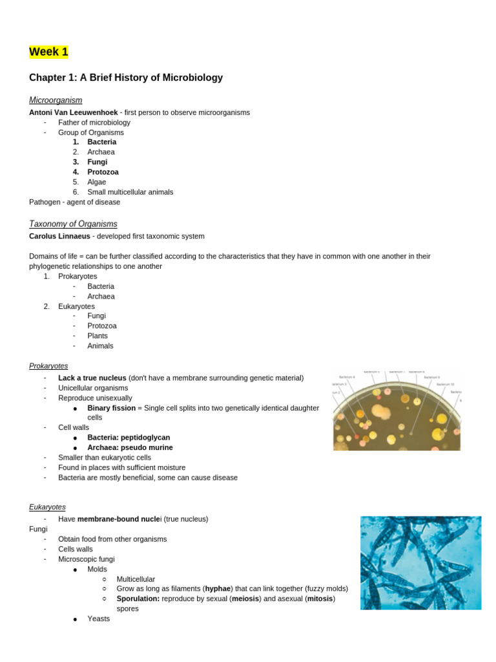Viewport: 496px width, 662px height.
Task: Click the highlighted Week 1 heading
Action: click(48, 52)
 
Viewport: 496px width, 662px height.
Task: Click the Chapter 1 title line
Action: click(126, 78)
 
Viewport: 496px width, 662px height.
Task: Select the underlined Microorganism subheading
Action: click(56, 100)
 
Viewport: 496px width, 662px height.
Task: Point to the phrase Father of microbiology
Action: click(94, 122)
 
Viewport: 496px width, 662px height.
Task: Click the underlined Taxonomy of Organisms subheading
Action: click(73, 224)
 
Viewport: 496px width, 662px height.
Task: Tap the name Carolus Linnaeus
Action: click(59, 236)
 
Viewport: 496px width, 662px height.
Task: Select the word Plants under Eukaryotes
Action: click(98, 336)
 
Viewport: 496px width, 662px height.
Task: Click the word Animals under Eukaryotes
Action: click(100, 346)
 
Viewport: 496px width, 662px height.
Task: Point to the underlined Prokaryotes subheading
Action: click(48, 366)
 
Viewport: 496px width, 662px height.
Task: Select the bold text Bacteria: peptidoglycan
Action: click(129, 438)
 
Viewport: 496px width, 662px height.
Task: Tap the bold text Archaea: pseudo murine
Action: click(130, 447)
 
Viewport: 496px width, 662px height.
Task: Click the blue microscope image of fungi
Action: click(420, 562)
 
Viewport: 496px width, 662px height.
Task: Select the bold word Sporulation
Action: click(138, 599)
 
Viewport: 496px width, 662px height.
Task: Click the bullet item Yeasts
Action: click(99, 619)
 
